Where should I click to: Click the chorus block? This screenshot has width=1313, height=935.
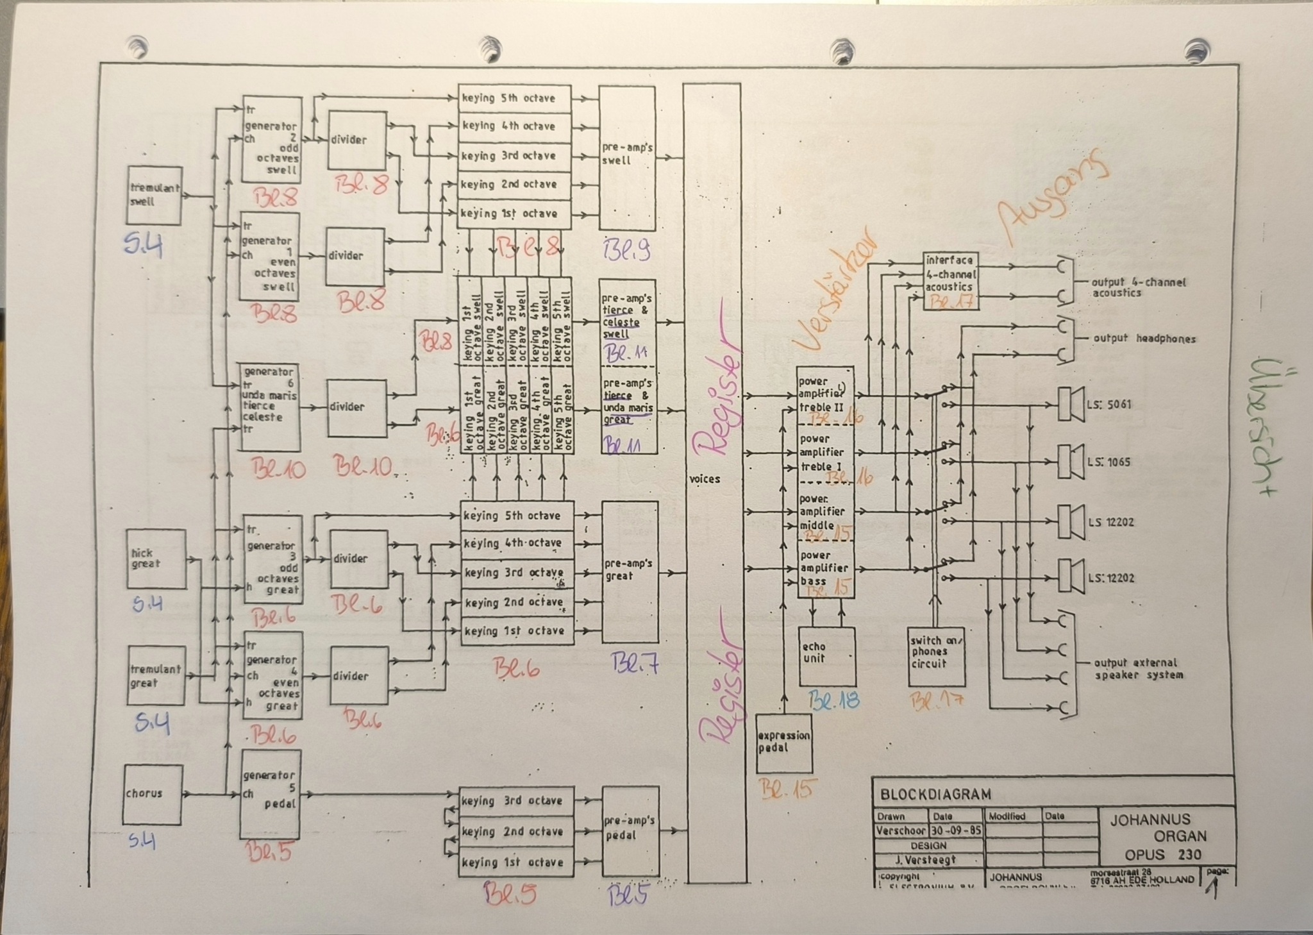[x=153, y=794]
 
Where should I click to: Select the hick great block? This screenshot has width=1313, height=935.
[x=156, y=559]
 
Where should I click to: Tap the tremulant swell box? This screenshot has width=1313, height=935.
[x=154, y=195]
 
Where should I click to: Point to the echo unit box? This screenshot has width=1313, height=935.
[x=826, y=656]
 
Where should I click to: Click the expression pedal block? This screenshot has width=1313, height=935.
[x=783, y=743]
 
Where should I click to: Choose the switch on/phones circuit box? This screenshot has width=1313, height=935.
[x=936, y=656]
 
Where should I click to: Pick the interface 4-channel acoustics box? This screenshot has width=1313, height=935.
[x=950, y=280]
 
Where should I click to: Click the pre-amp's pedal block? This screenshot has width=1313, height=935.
[x=630, y=831]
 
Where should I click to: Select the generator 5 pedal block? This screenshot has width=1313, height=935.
[x=271, y=794]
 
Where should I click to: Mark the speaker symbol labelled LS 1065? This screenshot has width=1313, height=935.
[x=1071, y=462]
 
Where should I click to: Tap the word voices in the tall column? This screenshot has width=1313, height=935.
[x=705, y=479]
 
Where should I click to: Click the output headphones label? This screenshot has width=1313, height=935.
[x=1144, y=339]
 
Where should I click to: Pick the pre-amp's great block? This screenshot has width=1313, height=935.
[x=630, y=571]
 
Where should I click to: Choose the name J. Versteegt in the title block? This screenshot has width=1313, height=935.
[x=929, y=860]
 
